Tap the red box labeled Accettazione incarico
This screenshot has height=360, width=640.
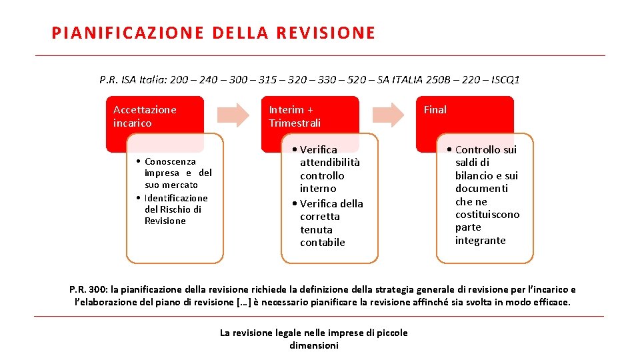pos(145,116)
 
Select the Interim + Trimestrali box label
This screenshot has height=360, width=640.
pos(295,116)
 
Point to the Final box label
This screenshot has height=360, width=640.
pos(435,109)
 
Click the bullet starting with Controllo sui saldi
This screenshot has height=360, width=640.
pos(485,195)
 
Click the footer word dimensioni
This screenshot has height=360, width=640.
pos(314,345)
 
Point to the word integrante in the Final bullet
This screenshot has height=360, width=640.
pos(480,240)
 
